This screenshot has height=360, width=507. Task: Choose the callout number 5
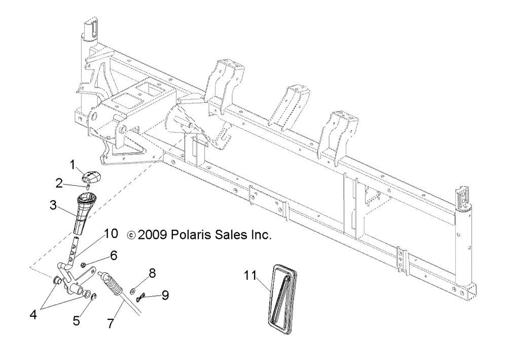77,320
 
